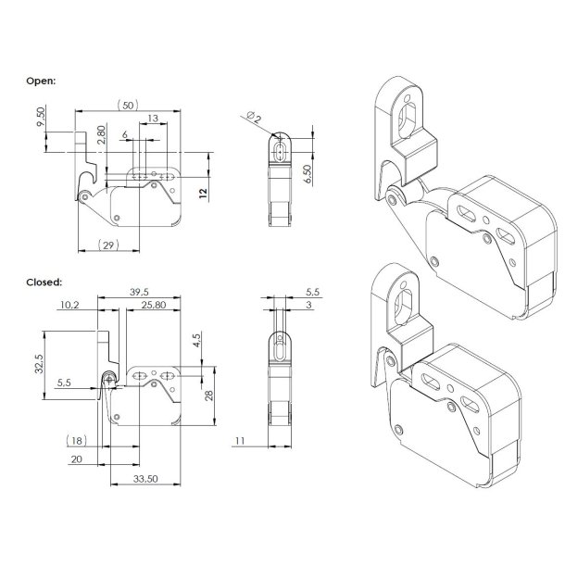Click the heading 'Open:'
[x=43, y=81]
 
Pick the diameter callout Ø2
[x=253, y=115]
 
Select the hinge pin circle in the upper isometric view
[x=395, y=196]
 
